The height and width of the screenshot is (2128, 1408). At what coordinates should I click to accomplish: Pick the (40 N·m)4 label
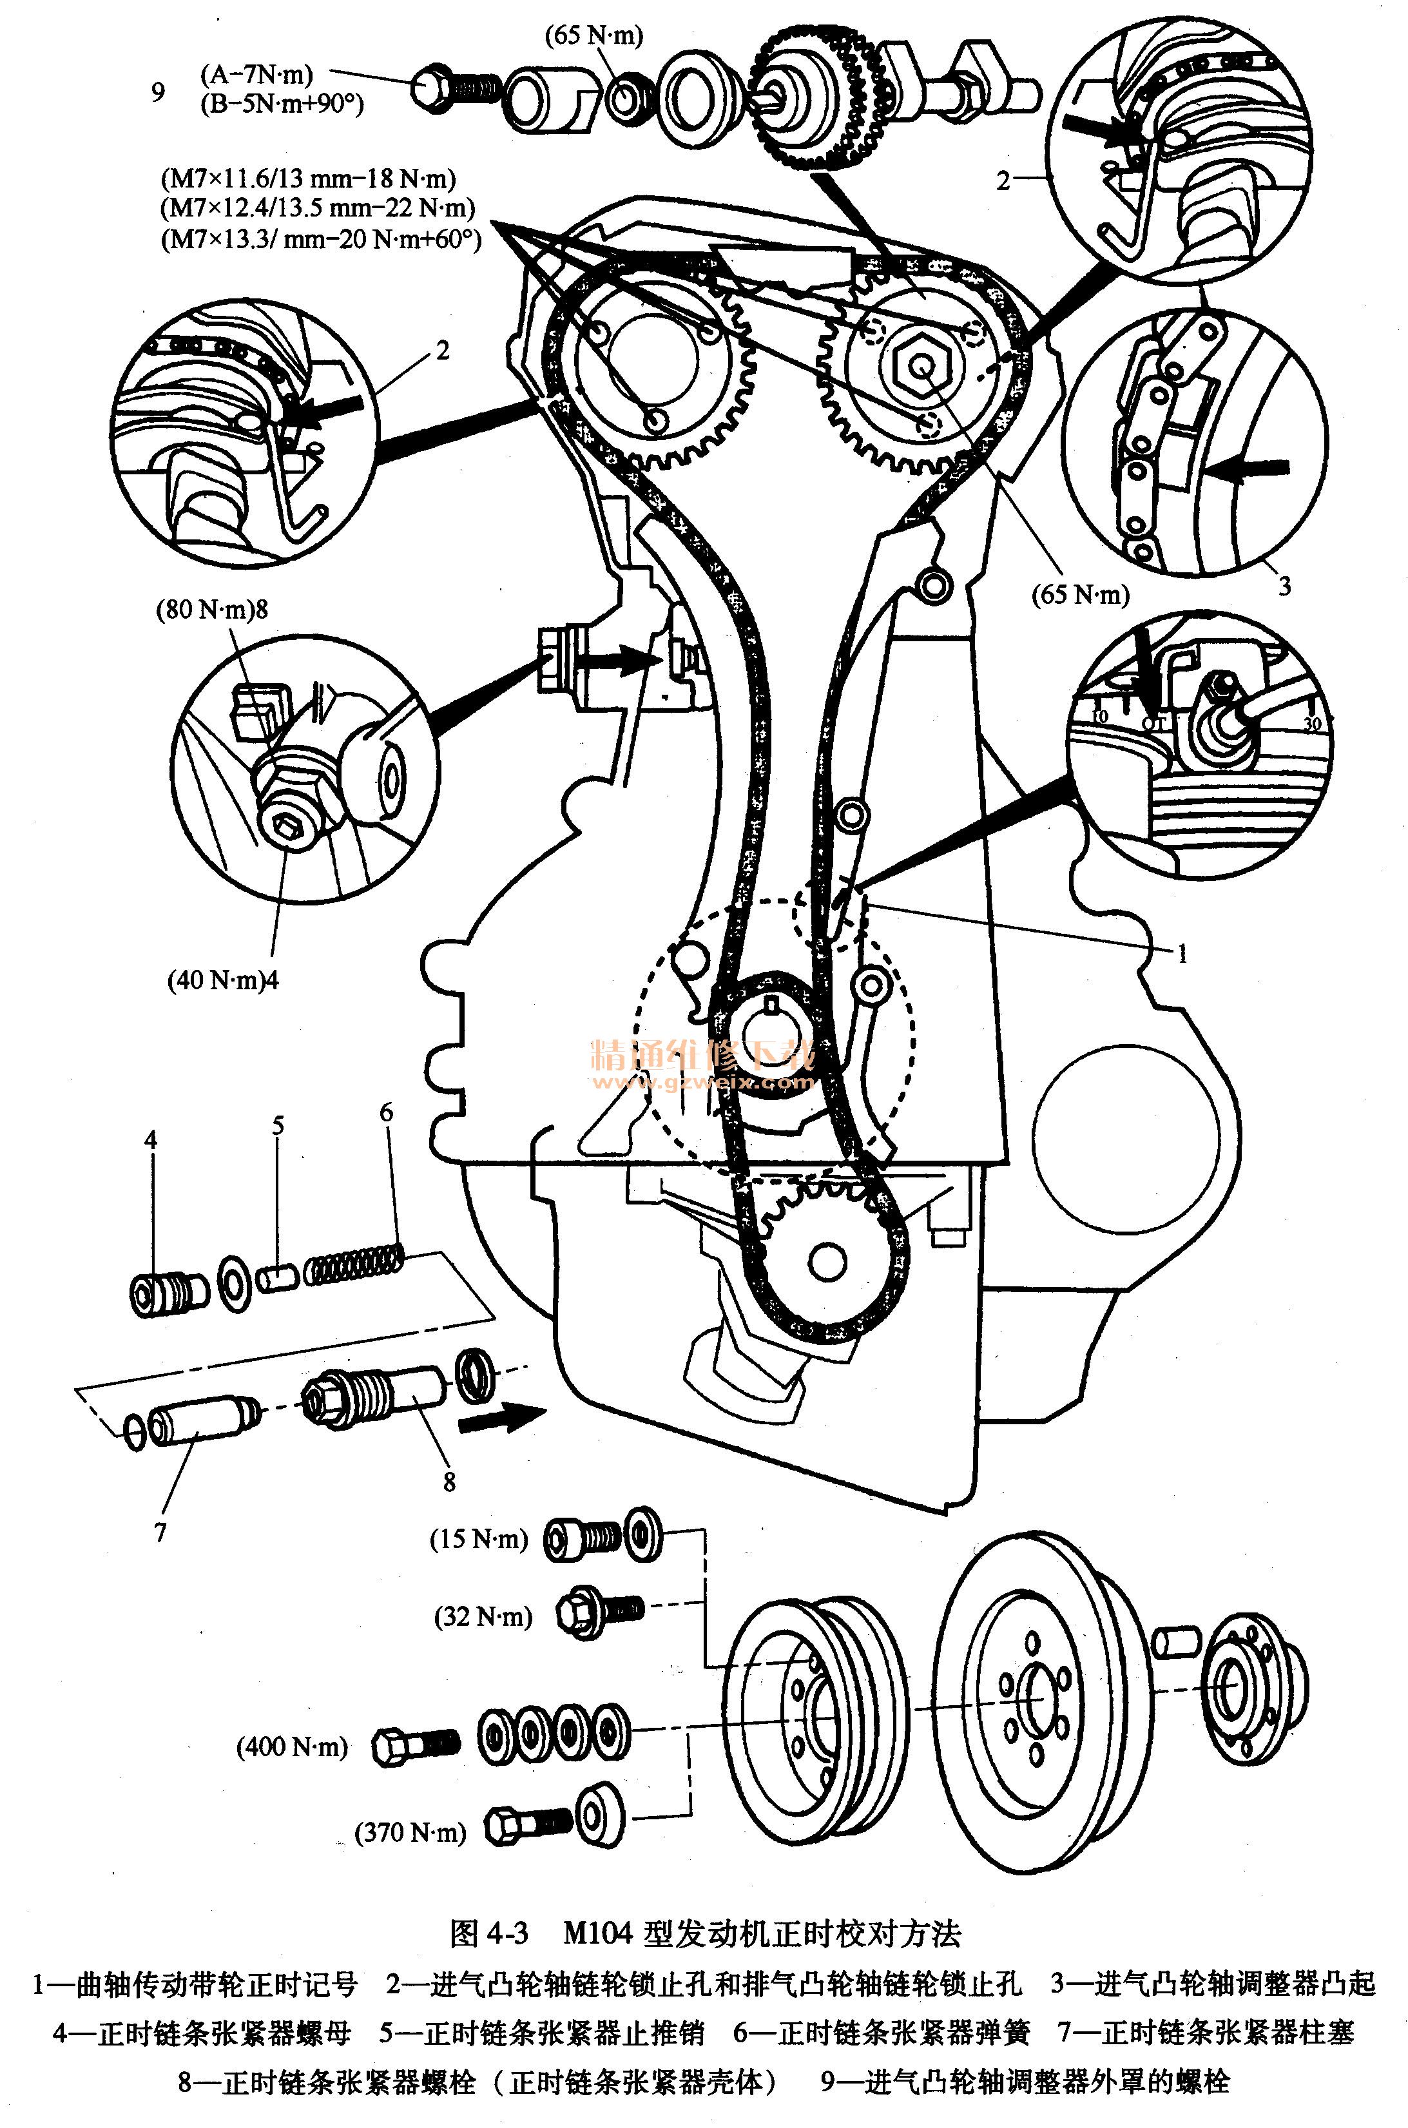click(x=223, y=980)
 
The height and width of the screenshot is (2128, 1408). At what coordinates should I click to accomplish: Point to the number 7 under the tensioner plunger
click(x=160, y=1532)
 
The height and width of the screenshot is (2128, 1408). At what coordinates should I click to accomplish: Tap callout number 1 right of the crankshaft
click(x=1182, y=954)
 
